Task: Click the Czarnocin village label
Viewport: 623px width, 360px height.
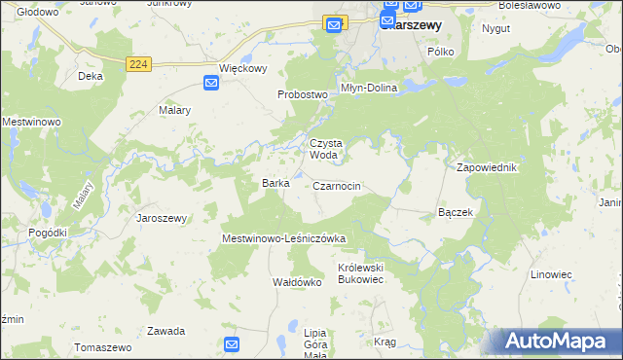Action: (x=338, y=186)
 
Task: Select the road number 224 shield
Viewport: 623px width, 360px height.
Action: (x=138, y=63)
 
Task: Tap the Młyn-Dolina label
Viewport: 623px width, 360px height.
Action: (x=368, y=87)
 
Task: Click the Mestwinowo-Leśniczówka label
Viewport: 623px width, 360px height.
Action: (x=284, y=238)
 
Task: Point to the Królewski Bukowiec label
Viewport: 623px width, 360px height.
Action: (x=362, y=272)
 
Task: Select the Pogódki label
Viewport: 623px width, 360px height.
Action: (x=48, y=234)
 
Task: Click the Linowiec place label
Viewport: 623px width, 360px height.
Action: (x=551, y=274)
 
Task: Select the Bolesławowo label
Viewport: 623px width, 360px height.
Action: (x=553, y=6)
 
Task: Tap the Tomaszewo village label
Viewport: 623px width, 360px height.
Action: (x=102, y=347)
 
